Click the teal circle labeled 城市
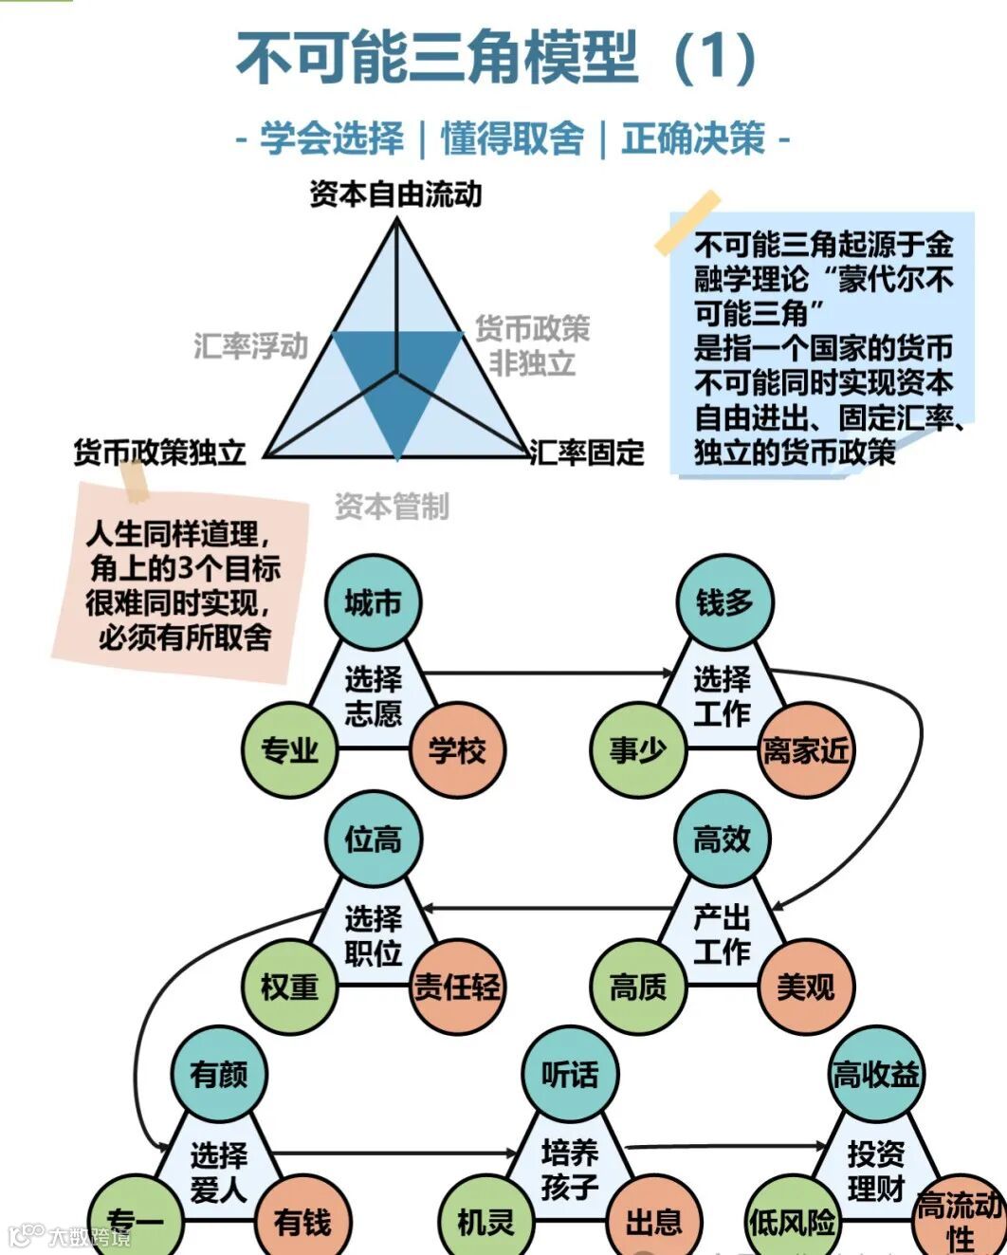373,603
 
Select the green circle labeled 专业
290,750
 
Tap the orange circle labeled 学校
457,750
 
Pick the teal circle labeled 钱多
724,603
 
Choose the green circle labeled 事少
637,750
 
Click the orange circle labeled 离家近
806,750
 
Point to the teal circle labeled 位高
373,840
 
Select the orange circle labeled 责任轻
457,987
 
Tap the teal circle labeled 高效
723,840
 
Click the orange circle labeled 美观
806,987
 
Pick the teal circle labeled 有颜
219,1074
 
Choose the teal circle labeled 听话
570,1074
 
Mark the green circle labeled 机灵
485,1222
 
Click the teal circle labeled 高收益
875,1074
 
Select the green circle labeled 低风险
792,1222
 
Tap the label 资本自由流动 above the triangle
395,194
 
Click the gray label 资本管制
392,507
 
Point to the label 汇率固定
587,452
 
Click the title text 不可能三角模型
436,57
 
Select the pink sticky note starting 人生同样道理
182,583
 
